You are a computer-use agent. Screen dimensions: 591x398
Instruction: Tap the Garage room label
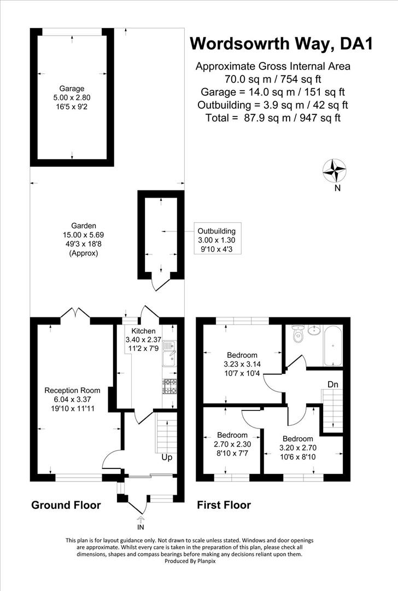[72, 88]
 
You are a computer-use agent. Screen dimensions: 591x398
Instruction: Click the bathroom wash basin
[314, 330]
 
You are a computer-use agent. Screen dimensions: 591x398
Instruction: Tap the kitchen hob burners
[170, 386]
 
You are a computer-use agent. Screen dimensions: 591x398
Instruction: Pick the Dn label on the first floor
[333, 384]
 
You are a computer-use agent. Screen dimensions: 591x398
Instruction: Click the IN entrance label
[141, 528]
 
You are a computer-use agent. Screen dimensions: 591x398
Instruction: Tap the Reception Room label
[72, 390]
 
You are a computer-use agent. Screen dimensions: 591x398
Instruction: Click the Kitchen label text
[144, 331]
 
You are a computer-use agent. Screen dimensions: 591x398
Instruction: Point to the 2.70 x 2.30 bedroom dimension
[232, 445]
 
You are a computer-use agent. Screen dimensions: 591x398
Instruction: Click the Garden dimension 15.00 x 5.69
[84, 235]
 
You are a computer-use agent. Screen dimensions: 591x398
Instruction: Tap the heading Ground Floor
[66, 505]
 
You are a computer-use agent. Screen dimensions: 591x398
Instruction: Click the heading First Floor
[224, 505]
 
